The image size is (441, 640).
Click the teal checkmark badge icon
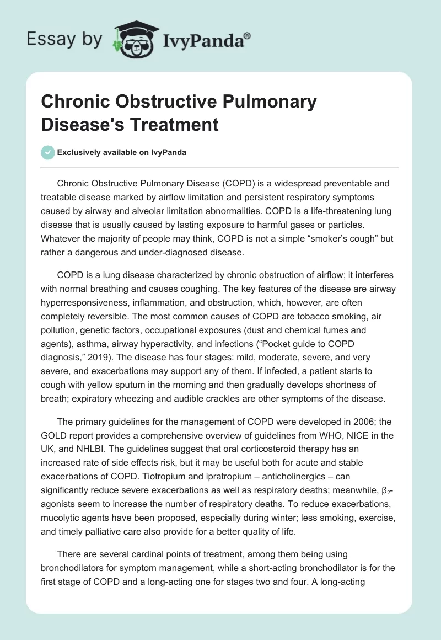click(49, 152)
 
